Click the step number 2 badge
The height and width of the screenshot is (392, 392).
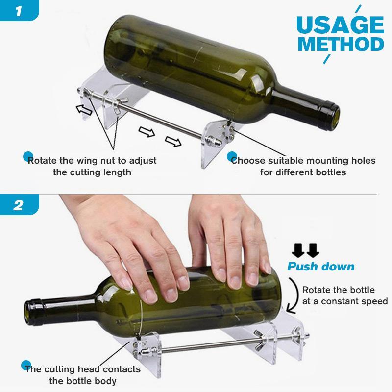pyautogui.click(x=19, y=204)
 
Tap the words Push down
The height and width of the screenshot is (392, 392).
pyautogui.click(x=320, y=267)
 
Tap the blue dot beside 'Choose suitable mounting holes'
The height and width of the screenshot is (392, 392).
pyautogui.click(x=233, y=156)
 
